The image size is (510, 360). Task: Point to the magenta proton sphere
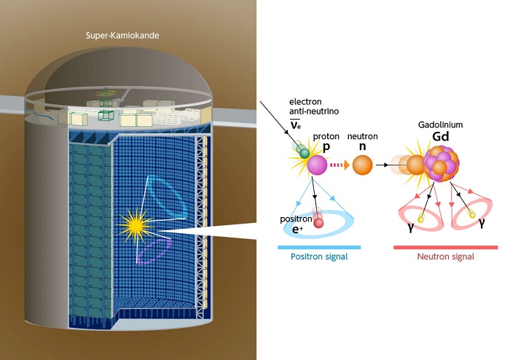click(x=317, y=165)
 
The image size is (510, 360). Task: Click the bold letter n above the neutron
click(x=360, y=146)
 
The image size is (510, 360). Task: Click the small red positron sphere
click(x=318, y=223)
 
